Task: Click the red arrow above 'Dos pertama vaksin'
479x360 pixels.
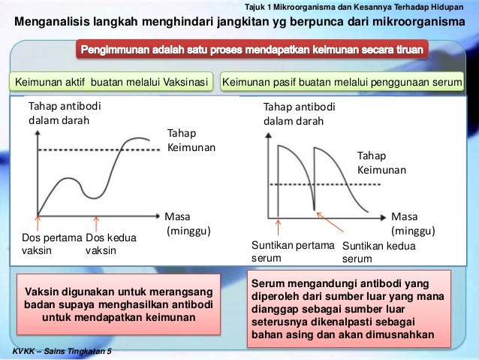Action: tap(38, 222)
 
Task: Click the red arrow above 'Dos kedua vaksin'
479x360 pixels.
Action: tap(96, 223)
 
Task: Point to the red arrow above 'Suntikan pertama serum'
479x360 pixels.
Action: tap(279, 226)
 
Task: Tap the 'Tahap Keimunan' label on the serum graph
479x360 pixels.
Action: tap(381, 162)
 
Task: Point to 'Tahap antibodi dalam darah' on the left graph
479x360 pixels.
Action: tap(63, 113)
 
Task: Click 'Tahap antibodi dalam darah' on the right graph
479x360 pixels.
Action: tap(299, 113)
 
